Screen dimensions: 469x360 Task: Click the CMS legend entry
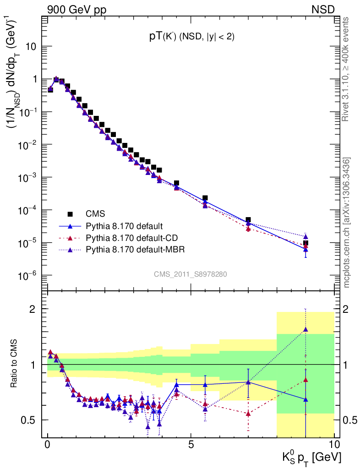tap(95, 214)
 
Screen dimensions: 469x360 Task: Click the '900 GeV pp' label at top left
tap(76, 9)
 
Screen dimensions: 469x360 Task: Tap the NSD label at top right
tap(323, 9)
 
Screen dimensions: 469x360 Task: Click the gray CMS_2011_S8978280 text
tap(191, 274)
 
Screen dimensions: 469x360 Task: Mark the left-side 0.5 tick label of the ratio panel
tap(29, 420)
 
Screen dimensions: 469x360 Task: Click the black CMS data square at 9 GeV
tap(305, 243)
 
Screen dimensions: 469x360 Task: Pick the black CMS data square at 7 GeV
tap(248, 220)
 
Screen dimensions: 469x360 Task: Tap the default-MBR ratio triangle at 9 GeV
tap(305, 329)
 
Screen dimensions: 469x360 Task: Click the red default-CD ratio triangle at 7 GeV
tap(248, 414)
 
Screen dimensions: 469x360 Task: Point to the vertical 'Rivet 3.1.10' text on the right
tap(346, 69)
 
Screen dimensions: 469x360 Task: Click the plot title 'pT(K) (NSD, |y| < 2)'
tap(192, 38)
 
